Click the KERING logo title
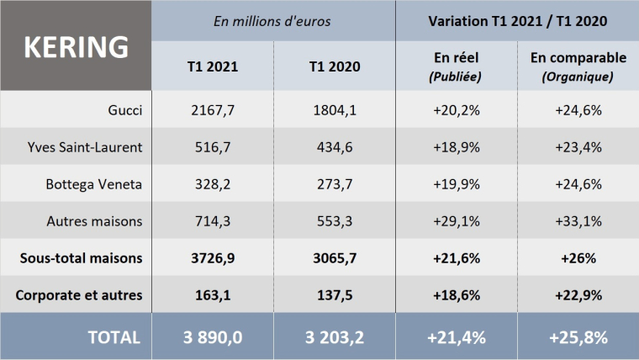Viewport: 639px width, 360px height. click(x=77, y=46)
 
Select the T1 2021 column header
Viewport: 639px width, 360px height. click(x=214, y=66)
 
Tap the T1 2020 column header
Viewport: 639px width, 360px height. click(x=335, y=66)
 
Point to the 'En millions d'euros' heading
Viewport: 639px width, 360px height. click(x=274, y=20)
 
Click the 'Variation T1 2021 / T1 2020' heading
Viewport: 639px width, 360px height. click(x=517, y=20)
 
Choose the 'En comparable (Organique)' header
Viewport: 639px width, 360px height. click(x=578, y=66)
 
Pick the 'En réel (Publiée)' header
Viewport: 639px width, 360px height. click(x=455, y=66)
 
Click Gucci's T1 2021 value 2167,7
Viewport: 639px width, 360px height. click(x=214, y=109)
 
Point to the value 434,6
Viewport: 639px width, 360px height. click(x=335, y=147)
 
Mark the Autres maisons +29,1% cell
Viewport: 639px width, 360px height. click(x=455, y=221)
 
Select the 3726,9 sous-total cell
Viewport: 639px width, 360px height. click(x=214, y=258)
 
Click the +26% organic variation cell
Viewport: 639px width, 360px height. click(x=578, y=258)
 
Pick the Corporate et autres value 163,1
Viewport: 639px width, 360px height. click(x=214, y=295)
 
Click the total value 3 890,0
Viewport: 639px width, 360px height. click(x=214, y=336)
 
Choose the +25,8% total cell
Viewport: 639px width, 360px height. click(x=578, y=336)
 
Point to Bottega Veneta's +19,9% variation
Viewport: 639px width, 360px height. click(x=455, y=184)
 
